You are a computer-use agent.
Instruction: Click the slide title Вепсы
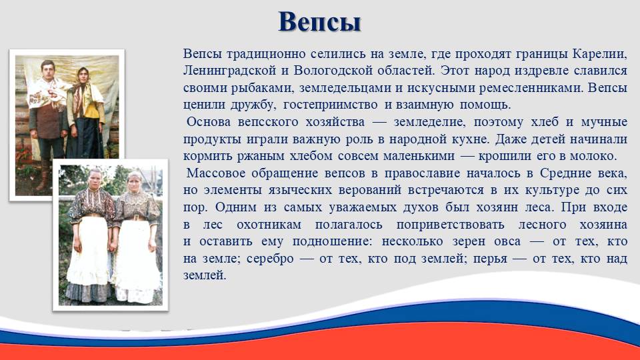(319, 22)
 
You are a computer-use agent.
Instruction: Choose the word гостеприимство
(330, 105)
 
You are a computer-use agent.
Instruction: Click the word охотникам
(269, 225)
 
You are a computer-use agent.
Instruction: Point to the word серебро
(270, 259)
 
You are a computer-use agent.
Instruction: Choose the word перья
(490, 259)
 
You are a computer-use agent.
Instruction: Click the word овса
(507, 241)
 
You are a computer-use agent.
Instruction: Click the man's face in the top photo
(48, 70)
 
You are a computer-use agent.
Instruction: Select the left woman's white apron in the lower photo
(89, 251)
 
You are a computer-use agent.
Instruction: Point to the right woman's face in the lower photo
(135, 182)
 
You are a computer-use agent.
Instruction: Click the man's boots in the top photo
(43, 176)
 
